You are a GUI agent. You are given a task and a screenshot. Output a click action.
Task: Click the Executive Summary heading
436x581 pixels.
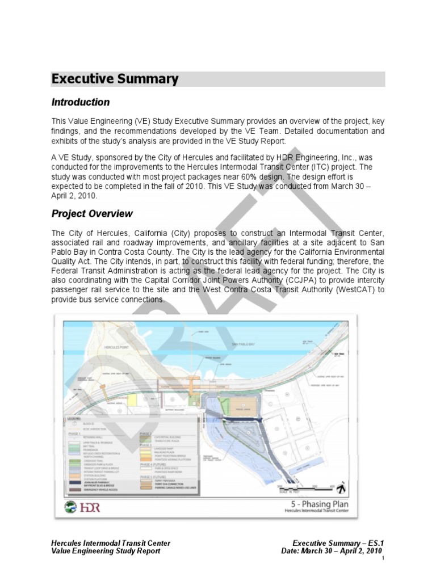(x=115, y=79)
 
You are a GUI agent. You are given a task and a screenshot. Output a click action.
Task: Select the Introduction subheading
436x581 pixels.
(x=81, y=103)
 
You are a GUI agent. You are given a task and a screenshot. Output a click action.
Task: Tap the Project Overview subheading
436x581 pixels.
(x=92, y=214)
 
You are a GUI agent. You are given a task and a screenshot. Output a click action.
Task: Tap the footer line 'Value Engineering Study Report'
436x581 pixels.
(x=106, y=551)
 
